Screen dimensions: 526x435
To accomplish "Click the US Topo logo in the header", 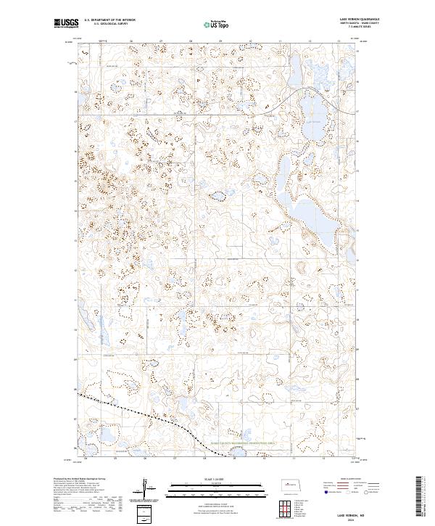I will [x=209, y=24].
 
